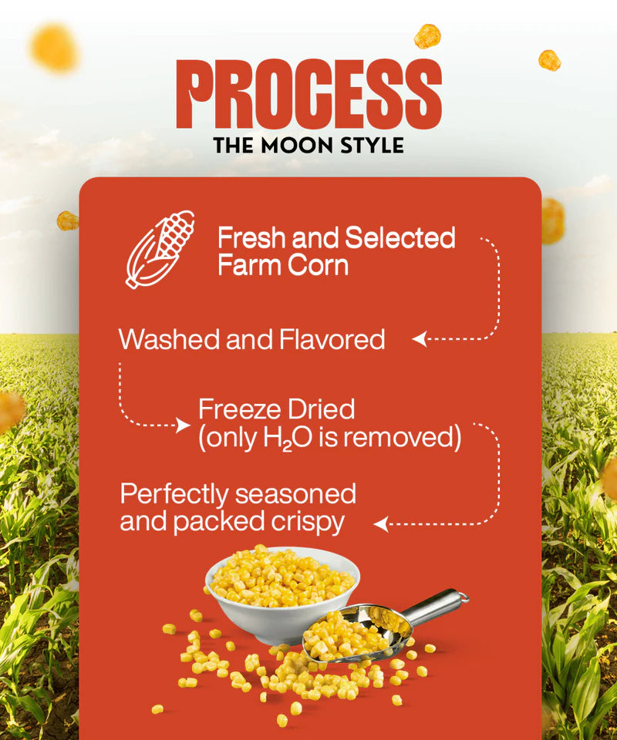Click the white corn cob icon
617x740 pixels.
click(160, 249)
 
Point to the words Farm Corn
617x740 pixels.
click(283, 266)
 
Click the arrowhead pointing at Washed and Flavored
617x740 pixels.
click(419, 339)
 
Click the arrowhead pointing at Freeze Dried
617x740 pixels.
click(184, 425)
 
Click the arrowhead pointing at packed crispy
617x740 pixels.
click(379, 524)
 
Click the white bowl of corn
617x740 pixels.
click(282, 590)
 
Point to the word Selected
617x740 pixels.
click(400, 238)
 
